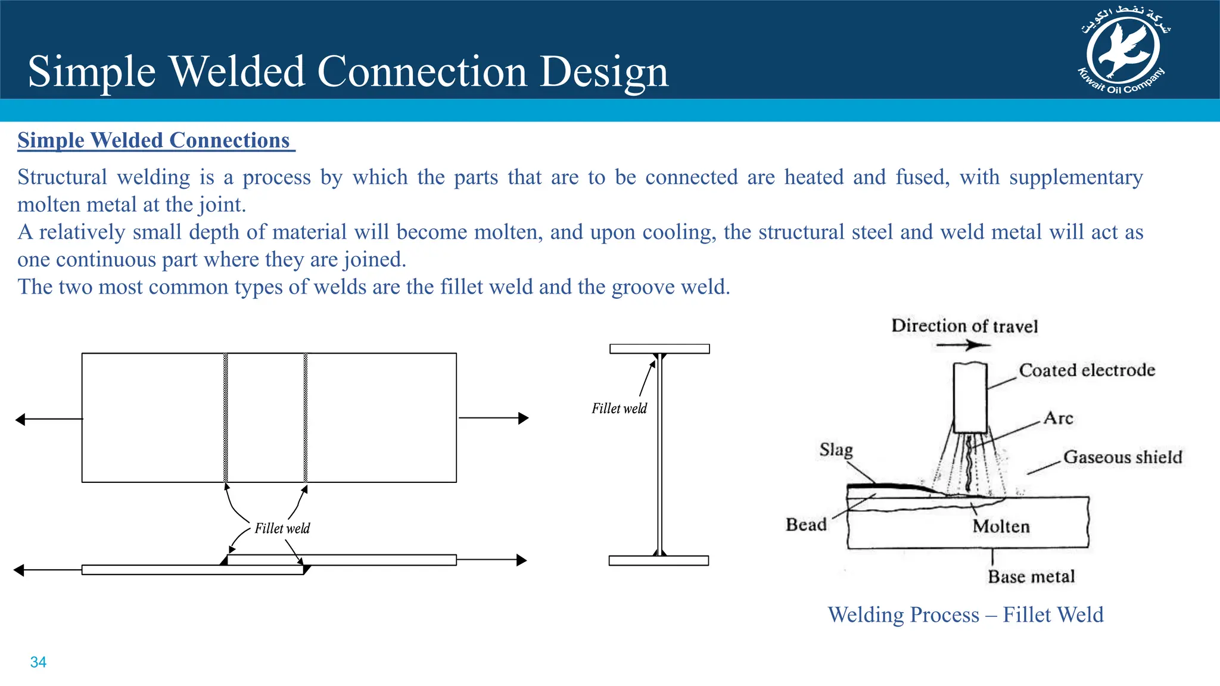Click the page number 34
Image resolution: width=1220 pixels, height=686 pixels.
coord(38,662)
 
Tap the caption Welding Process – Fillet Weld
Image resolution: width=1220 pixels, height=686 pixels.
coord(965,615)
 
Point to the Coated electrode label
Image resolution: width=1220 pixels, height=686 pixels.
coord(1087,370)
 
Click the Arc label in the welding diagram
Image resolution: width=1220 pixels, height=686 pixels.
coord(1059,418)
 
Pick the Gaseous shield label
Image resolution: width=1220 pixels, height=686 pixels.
coord(1122,457)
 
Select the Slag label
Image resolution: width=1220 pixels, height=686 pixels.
coord(836,450)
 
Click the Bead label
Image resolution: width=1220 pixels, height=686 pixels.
coord(806,525)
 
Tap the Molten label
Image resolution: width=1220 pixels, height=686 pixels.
coord(1001,526)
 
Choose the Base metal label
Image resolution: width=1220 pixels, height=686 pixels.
coord(1031,576)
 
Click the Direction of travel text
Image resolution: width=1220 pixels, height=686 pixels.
coord(964,326)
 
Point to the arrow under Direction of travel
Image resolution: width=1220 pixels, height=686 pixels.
coord(963,345)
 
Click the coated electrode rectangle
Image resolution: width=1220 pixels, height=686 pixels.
coord(970,398)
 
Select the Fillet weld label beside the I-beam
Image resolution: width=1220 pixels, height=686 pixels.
coord(619,409)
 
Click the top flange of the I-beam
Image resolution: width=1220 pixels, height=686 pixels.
coord(659,349)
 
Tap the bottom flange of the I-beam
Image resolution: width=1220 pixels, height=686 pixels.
coord(659,560)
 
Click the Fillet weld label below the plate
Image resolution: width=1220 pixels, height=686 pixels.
coord(282,529)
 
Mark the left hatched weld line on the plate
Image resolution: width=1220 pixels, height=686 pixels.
coord(226,417)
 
